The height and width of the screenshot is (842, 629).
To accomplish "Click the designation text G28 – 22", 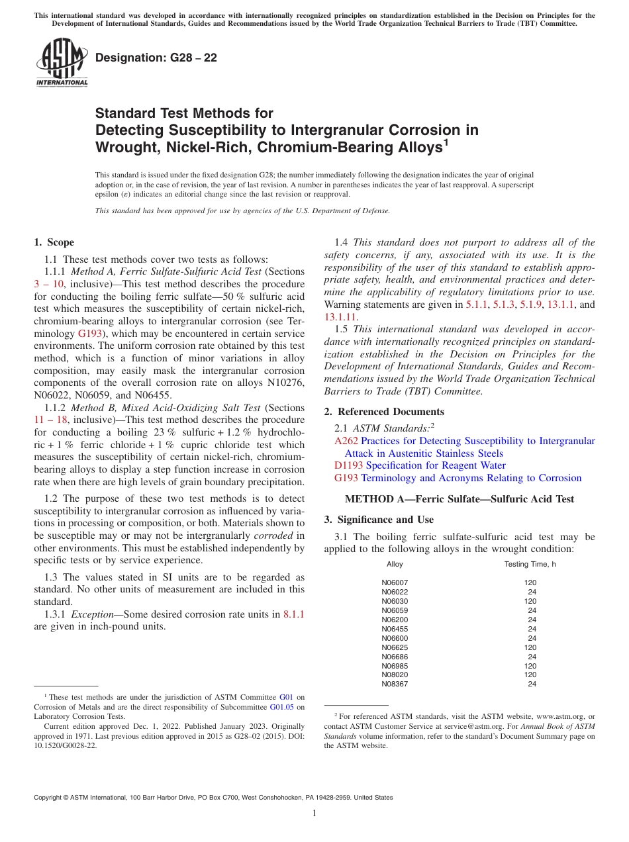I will point(156,58).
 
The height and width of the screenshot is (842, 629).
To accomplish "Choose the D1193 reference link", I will point(348,465).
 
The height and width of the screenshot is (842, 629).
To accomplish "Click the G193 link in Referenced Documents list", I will point(346,478).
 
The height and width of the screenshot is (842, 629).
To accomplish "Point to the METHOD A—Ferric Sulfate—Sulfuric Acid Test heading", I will point(460,499).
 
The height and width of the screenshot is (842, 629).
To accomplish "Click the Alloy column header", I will point(395,564).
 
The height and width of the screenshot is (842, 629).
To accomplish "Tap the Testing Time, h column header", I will point(530,564).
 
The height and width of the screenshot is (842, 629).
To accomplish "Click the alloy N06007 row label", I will point(395,583).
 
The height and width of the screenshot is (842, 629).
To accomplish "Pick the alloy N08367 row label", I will point(395,684).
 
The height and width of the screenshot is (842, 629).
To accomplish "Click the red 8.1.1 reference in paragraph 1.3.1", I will point(293,614).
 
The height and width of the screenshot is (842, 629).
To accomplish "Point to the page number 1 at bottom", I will point(314,814).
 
